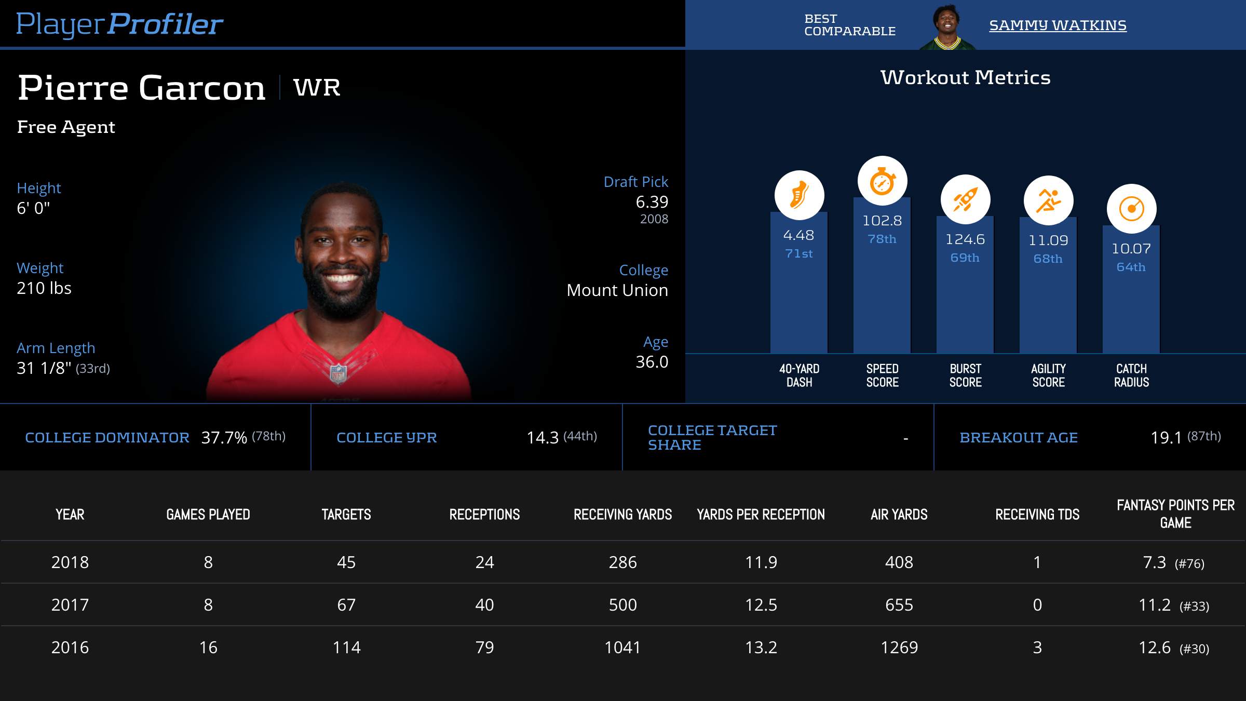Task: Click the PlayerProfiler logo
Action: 119,24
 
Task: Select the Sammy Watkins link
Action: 1058,25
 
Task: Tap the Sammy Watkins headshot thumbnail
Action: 947,27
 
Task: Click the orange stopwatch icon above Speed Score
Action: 882,181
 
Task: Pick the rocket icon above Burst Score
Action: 965,200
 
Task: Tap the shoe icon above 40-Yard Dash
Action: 799,195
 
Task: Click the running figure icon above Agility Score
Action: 1048,200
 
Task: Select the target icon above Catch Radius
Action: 1131,209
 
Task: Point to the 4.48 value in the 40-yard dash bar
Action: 798,235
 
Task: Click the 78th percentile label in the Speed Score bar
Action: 882,239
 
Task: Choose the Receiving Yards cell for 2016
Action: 622,648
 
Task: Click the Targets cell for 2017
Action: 346,605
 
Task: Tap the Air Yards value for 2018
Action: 899,562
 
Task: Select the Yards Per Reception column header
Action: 761,515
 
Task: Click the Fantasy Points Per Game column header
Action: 1175,514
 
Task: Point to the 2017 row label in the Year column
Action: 70,605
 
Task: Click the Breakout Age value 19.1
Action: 1166,438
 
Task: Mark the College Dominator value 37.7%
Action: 224,438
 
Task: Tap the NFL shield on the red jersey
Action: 338,373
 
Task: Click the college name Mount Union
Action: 617,290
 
